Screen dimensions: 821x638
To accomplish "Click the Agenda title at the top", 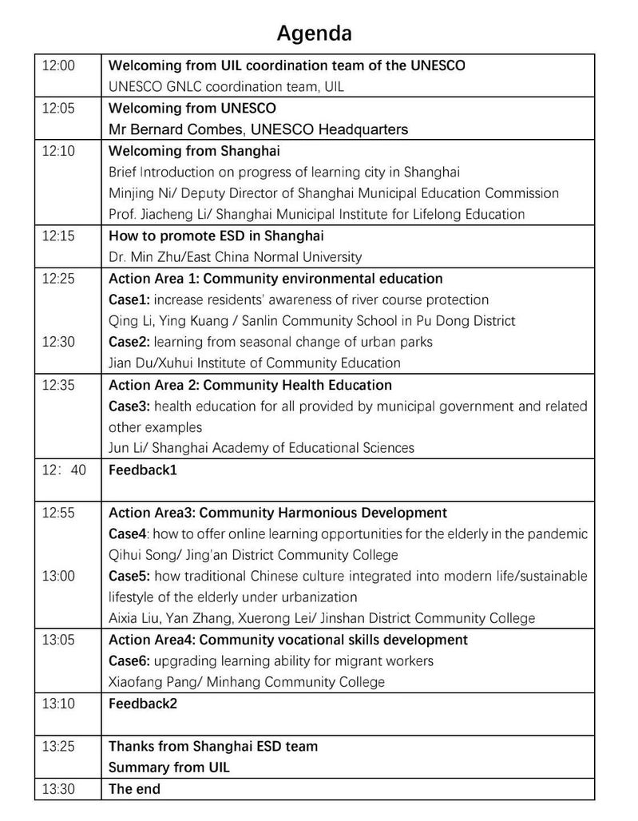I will click(x=314, y=34).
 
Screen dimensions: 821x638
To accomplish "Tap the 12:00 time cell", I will click(x=58, y=65).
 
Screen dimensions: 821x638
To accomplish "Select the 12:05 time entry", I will click(x=58, y=108).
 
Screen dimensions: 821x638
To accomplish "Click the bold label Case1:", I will click(x=129, y=299).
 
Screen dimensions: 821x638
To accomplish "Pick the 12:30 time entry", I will click(x=58, y=342).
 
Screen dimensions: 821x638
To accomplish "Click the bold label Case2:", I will click(x=129, y=342).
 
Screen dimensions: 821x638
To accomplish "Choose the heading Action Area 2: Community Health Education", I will click(x=250, y=385).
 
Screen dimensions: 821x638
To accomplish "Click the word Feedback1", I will click(x=143, y=470).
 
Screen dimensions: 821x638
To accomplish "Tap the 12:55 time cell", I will click(x=58, y=513).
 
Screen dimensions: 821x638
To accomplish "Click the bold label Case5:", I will click(x=129, y=576).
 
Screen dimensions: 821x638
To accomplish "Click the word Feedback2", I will click(x=143, y=704).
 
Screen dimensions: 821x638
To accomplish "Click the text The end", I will click(x=134, y=789).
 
